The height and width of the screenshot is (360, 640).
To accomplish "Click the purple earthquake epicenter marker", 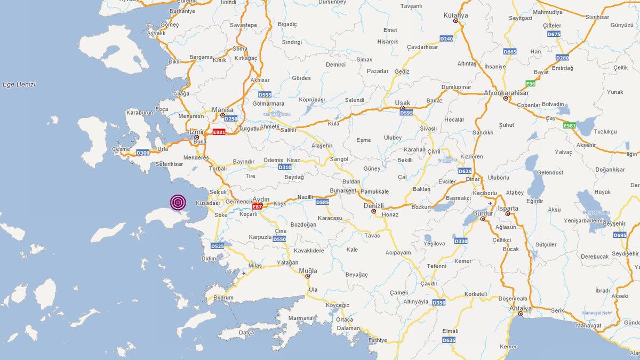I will pos(178,202).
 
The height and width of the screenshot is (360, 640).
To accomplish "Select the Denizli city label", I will pos(373,205).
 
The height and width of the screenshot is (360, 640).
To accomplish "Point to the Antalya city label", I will pos(521,308).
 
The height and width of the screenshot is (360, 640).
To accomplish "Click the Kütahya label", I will pos(455,15).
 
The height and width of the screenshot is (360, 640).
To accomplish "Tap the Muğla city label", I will pos(308,271).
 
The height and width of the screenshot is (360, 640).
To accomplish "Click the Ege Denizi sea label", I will pos(19,84).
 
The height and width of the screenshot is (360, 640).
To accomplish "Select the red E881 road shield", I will pos(219,132).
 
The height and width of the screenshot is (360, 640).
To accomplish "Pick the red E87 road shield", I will pos(257,206).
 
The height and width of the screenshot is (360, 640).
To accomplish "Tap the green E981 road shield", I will pos(570,125).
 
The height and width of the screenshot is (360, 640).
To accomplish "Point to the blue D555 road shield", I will pos(265,94).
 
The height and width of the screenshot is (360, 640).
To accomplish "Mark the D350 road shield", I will pos(438,302).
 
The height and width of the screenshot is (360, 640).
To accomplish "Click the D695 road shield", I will pos(620,235).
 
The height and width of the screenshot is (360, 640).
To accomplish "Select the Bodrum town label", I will pos(223,298).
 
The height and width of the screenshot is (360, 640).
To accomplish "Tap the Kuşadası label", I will pos(207,203).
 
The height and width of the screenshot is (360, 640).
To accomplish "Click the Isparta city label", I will pos(508,207).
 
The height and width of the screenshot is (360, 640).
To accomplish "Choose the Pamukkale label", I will pos(374,191).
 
